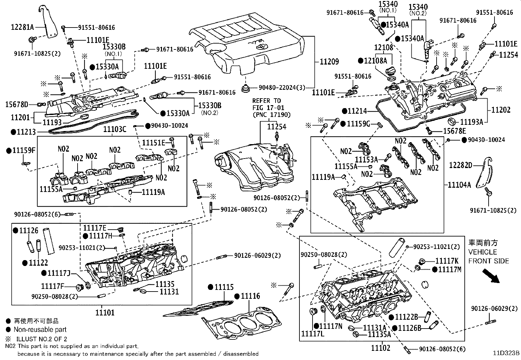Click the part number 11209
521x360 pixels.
click(329, 61)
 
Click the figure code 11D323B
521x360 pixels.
click(506, 353)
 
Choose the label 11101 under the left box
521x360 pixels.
click(105, 313)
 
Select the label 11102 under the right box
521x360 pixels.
click(381, 348)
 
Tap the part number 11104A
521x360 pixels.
click(459, 185)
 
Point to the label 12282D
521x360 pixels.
click(461, 165)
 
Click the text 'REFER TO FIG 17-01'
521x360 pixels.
click(268, 104)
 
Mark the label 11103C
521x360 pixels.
click(115, 129)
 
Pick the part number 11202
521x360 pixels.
click(501, 110)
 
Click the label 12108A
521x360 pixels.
click(376, 61)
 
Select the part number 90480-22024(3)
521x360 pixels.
click(282, 87)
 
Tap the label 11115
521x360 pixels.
click(224, 287)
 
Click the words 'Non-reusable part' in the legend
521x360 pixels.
click(40, 330)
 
